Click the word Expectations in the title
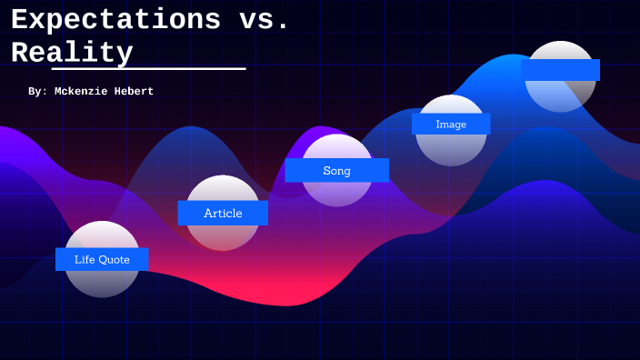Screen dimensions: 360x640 (116, 19)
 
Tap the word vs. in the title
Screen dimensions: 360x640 (264, 19)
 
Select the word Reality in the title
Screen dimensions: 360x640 (72, 52)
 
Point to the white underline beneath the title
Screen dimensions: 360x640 (148, 68)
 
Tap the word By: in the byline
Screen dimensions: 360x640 (37, 92)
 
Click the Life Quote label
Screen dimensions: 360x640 (102, 259)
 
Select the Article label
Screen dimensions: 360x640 (223, 213)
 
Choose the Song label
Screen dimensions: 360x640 (336, 170)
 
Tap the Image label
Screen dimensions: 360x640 (451, 124)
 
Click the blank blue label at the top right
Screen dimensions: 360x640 (561, 70)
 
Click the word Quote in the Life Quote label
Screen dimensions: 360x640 (114, 259)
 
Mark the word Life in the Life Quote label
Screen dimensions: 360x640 (85, 259)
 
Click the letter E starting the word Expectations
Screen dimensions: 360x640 (20, 19)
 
